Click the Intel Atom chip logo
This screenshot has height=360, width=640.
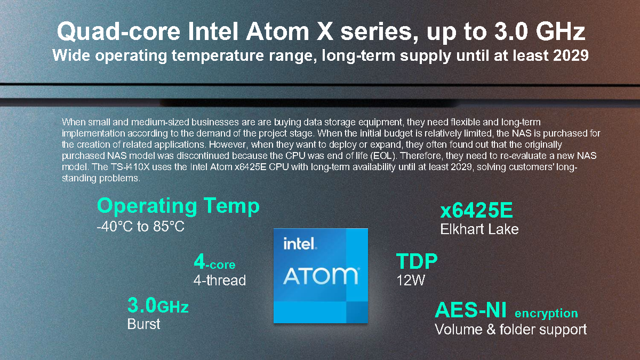(321, 276)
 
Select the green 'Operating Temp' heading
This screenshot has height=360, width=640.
(178, 206)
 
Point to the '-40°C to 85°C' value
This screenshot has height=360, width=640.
(141, 227)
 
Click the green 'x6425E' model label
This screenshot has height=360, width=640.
(476, 210)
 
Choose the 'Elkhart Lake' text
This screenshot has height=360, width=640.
(479, 229)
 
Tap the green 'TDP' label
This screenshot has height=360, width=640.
(417, 261)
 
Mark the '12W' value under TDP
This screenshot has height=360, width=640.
(411, 281)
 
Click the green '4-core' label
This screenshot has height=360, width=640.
(214, 262)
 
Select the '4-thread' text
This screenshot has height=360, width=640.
(219, 281)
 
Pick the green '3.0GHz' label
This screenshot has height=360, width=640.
(158, 306)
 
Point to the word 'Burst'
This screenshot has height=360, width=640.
(143, 324)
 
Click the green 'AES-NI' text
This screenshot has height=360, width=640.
(470, 310)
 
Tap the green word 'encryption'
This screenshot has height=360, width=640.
(546, 314)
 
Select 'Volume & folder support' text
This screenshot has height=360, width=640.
(510, 329)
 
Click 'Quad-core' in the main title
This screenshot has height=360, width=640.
(118, 32)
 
